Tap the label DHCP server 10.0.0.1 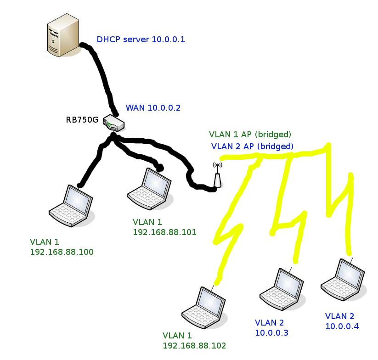141,39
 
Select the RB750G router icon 114,123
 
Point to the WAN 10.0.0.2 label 153,108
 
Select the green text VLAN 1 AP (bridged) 250,135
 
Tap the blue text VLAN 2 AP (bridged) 252,146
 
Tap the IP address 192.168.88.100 62,252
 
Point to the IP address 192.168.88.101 164,232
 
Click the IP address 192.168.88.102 194,345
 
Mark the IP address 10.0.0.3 272,332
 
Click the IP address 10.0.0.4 342,326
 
